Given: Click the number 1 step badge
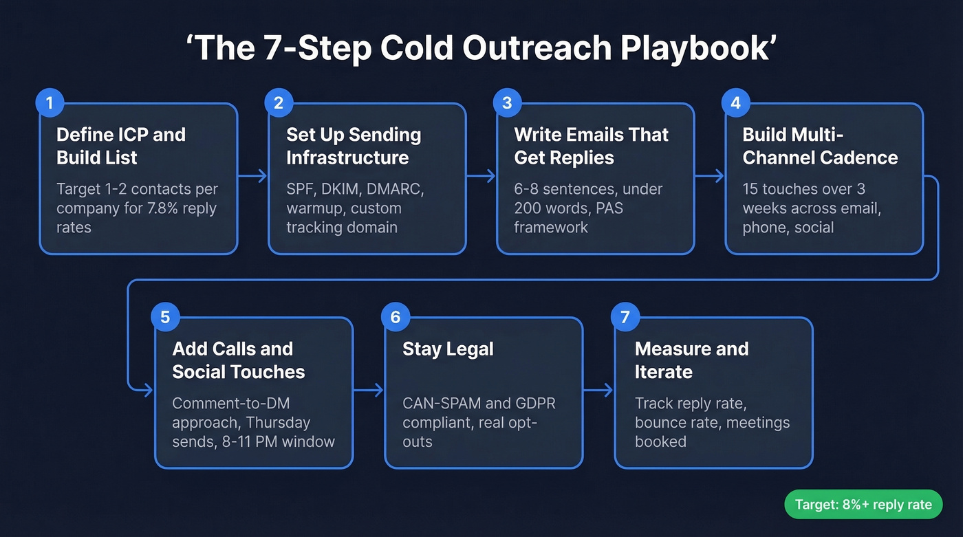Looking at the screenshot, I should [50, 103].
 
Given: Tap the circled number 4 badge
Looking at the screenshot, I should [735, 103].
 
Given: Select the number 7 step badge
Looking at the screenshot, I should [625, 317].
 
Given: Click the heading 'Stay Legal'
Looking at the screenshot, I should [448, 349].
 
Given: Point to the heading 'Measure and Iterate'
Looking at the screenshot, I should [691, 360].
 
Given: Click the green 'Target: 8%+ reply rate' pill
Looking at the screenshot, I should [863, 505].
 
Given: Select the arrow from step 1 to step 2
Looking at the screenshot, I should [252, 176].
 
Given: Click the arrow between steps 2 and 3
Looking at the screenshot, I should [481, 176].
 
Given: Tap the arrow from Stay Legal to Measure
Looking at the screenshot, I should [598, 391].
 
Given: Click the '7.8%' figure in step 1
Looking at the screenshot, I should [163, 208].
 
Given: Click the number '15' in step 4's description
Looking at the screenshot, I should [752, 189].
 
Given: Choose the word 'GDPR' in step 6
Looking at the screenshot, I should [527, 404].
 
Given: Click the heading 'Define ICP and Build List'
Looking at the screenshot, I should [121, 146].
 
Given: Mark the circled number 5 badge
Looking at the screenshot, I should [165, 317].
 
